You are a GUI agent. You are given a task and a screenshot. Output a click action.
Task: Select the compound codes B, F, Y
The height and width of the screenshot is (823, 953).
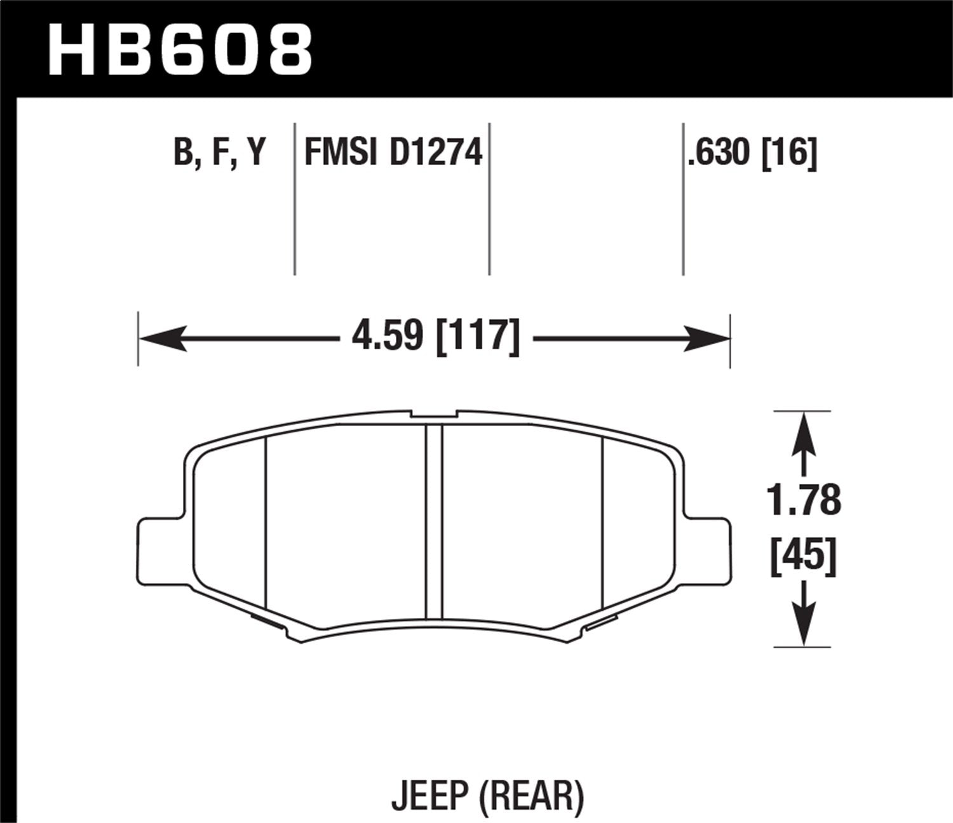pyautogui.click(x=219, y=153)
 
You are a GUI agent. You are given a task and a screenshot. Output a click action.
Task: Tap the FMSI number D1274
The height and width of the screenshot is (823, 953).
pyautogui.click(x=436, y=153)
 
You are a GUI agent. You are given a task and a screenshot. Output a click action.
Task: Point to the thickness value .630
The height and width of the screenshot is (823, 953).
pyautogui.click(x=719, y=153)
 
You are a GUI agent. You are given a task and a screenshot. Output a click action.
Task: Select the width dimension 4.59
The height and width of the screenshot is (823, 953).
pyautogui.click(x=388, y=335)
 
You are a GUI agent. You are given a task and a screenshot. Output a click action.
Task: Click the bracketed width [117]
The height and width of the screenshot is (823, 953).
pyautogui.click(x=478, y=335)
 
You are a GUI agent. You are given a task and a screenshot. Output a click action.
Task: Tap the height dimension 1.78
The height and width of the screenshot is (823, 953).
pyautogui.click(x=804, y=500)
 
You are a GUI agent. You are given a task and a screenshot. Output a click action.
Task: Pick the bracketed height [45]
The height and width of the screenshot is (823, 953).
pyautogui.click(x=804, y=557)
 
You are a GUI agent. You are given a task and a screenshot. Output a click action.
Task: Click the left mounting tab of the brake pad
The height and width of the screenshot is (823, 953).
pyautogui.click(x=159, y=549)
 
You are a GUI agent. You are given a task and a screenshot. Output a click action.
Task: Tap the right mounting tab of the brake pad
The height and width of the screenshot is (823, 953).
pyautogui.click(x=708, y=549)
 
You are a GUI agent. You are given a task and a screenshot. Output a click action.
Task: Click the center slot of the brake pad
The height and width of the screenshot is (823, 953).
pyautogui.click(x=434, y=521)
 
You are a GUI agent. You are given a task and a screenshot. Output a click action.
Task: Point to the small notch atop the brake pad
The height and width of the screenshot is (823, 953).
pyautogui.click(x=434, y=415)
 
